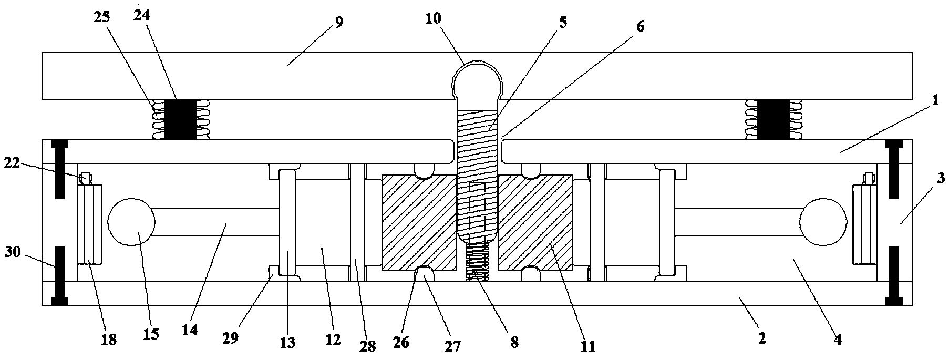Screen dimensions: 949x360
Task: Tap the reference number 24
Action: [x=141, y=15]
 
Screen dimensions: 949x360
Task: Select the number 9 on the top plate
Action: [x=339, y=24]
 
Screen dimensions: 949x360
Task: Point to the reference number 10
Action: [x=434, y=18]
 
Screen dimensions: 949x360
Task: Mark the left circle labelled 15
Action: [x=131, y=221]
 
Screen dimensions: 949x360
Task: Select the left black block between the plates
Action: [x=181, y=119]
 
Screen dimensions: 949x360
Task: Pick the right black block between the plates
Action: [x=772, y=119]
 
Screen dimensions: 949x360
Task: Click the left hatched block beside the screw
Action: [x=420, y=223]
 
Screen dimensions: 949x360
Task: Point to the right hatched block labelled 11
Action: [x=535, y=223]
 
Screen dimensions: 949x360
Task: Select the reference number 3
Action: [x=941, y=178]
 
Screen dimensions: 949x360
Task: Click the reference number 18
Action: [x=109, y=339]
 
